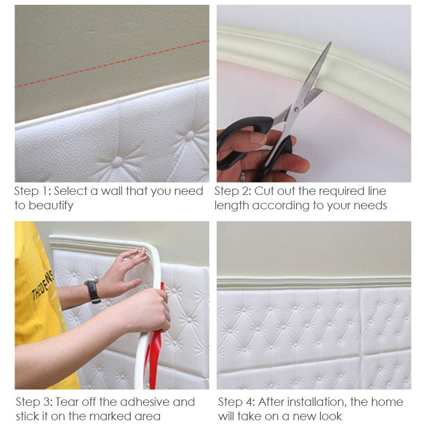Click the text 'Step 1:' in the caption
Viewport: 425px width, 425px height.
coord(32,191)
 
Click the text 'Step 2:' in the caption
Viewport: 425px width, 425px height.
coord(233,191)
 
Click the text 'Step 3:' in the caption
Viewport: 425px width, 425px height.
coord(33,402)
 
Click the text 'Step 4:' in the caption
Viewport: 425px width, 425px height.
coord(236,402)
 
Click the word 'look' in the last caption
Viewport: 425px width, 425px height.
coord(329,416)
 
